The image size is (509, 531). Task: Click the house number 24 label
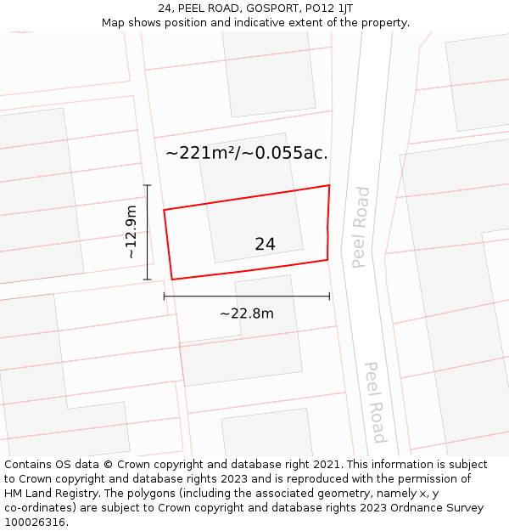coord(265,244)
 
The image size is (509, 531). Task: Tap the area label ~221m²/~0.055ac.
coord(246,153)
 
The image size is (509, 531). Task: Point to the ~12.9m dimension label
coord(131,232)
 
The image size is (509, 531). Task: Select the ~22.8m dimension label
coord(246,314)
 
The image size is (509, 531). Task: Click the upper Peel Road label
coord(361,227)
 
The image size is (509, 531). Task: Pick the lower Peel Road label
coord(375,402)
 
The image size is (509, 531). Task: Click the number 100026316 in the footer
coord(36,523)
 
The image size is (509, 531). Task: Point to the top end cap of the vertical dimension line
coord(148,185)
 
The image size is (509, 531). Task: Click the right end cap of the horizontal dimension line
coord(329,297)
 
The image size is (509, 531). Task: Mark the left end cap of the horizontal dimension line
coord(164,297)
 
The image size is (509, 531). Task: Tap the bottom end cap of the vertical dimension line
coord(148,280)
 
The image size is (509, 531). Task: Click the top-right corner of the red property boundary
coord(329,185)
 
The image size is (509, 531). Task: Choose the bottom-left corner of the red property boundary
coord(172,280)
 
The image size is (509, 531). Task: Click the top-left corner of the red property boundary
coord(164,210)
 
